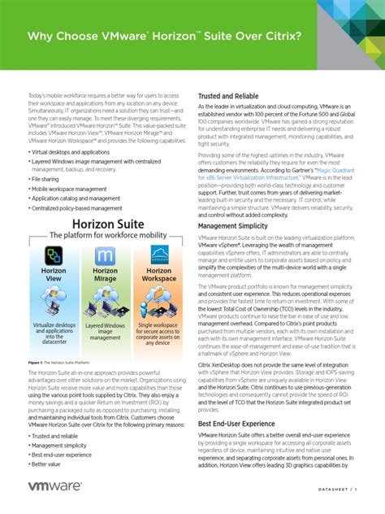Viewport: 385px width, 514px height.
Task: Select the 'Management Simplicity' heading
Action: click(235, 225)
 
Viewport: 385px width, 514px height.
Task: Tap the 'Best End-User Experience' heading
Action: click(237, 424)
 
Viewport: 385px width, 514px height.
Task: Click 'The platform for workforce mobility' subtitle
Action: click(100, 235)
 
